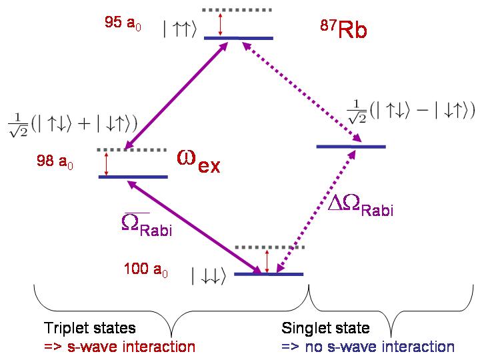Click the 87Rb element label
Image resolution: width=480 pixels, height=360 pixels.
pyautogui.click(x=343, y=30)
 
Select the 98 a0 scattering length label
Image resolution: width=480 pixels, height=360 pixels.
pyautogui.click(x=58, y=161)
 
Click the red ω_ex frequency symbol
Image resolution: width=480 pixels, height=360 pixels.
pyautogui.click(x=197, y=161)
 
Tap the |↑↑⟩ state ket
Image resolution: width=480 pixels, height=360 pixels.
pyautogui.click(x=179, y=29)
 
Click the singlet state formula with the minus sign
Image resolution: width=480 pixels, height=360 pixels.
pyautogui.click(x=411, y=111)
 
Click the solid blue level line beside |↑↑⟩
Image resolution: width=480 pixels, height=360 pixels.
pyautogui.click(x=239, y=38)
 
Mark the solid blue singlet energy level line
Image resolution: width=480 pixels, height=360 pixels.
pyautogui.click(x=351, y=146)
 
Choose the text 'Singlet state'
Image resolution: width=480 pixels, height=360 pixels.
pyautogui.click(x=326, y=328)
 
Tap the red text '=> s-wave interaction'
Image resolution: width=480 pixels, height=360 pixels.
pyautogui.click(x=119, y=346)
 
